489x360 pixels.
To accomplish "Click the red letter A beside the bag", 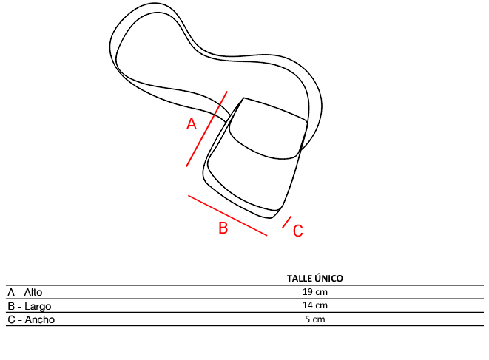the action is coord(192,124).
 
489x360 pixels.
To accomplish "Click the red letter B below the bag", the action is coord(223,228).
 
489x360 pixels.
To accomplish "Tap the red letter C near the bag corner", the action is coord(298,231).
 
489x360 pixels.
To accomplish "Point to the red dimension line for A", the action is coord(206,129).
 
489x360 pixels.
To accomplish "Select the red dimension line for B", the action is coord(228,215).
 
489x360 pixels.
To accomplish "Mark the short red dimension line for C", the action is coord(286,222).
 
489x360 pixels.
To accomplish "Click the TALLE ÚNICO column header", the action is coord(315,279).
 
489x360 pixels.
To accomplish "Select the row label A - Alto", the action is coord(25,293).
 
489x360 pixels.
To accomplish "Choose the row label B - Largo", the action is coord(30,306).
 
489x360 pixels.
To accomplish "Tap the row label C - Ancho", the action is coord(31,319).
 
